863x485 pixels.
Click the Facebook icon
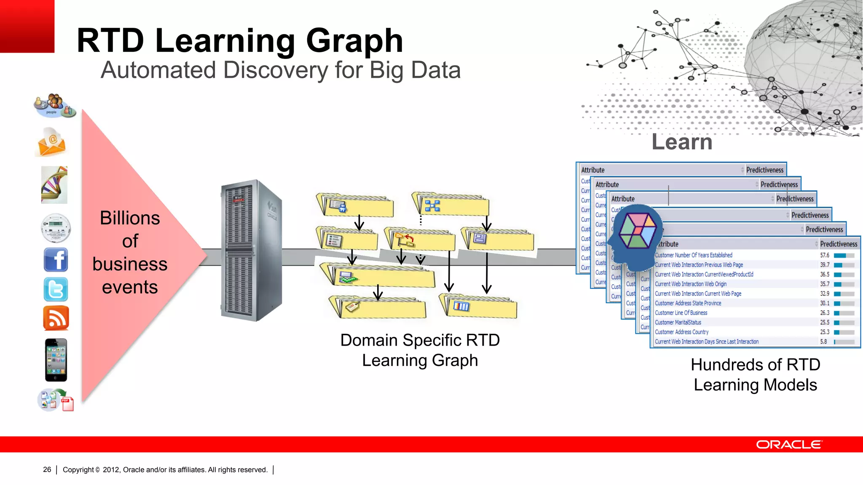pos(56,259)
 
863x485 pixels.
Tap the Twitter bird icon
pos(56,289)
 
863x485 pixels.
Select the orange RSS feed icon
pos(56,318)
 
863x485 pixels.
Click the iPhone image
pos(56,360)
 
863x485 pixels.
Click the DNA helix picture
pos(54,185)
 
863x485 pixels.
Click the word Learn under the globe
pos(682,142)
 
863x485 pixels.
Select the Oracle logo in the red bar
pos(788,445)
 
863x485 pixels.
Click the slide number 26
pos(47,469)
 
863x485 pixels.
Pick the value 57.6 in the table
pos(824,255)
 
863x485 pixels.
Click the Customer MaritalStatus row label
pos(678,322)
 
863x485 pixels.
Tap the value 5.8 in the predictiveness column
pos(823,342)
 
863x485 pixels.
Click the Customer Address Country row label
pos(681,332)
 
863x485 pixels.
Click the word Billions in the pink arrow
pos(130,218)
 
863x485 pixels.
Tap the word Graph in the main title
pos(354,41)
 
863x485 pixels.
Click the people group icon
pos(54,105)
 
